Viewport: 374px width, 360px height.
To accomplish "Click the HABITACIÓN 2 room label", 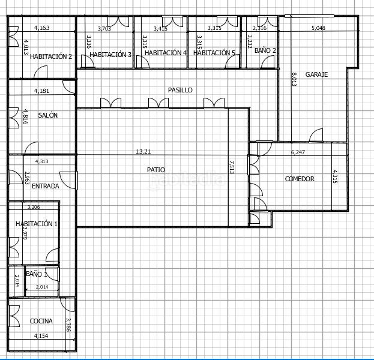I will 51,56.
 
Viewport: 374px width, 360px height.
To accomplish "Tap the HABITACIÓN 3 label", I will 110,55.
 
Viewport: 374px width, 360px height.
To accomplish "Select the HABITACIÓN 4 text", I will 166,53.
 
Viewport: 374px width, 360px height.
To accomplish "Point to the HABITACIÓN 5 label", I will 214,53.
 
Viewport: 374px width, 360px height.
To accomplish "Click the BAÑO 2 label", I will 265,51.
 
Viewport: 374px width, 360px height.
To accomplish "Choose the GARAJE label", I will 316,74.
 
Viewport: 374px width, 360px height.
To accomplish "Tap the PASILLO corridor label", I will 180,90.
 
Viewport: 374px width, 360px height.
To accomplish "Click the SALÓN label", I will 48,115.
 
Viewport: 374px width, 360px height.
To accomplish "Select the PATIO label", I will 156,170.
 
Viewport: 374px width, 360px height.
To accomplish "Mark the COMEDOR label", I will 300,179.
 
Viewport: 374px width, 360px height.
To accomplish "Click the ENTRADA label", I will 45,186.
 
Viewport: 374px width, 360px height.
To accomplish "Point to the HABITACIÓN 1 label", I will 37,224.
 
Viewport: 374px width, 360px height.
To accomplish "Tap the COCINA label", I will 41,321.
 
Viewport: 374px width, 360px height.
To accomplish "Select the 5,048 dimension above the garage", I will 322,28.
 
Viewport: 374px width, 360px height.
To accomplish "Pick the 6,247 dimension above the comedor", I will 298,152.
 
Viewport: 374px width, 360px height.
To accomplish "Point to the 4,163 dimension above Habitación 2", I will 41,28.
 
